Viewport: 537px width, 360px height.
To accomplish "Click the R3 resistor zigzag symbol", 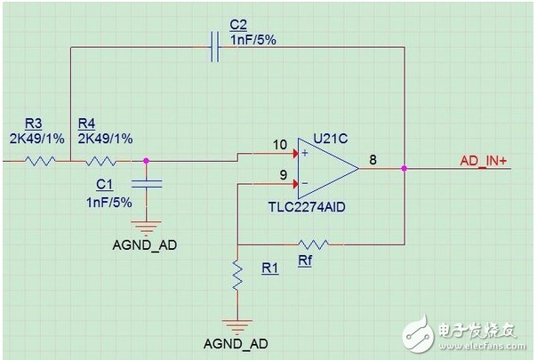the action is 40,161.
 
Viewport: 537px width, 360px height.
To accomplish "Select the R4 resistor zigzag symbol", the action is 100,161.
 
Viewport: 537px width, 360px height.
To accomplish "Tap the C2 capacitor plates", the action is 215,47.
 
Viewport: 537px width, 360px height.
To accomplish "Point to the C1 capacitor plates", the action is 147,184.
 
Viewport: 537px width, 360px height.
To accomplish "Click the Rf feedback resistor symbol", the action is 313,244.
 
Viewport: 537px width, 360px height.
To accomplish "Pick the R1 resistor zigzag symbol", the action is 237,276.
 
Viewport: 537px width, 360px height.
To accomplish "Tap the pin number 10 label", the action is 280,145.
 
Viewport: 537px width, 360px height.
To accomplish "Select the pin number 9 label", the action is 284,175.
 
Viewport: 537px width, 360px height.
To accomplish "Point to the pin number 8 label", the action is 373,160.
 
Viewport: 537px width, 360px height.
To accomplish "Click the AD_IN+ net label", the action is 483,161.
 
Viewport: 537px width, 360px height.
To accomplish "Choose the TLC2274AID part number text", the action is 307,207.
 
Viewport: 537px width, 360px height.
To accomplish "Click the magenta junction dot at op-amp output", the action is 405,169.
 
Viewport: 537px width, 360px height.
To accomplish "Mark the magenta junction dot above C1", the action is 146,160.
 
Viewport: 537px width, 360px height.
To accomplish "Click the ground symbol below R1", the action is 237,327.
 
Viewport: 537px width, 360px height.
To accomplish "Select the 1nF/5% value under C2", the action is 253,40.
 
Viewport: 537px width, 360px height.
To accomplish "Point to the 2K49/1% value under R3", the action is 37,139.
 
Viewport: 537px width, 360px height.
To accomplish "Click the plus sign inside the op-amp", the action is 305,153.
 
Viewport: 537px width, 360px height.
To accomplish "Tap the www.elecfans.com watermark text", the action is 482,346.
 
